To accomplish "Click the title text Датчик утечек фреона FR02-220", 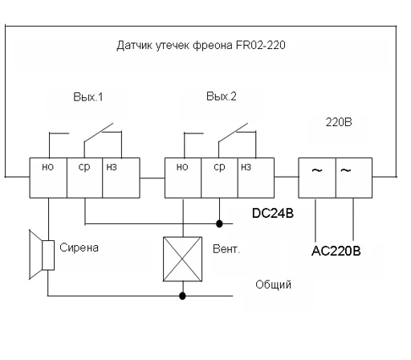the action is click(201, 45).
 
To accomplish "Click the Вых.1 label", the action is click(88, 97).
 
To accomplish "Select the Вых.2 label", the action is click(222, 96).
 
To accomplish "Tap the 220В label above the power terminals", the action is click(339, 122).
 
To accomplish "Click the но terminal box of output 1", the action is click(48, 178).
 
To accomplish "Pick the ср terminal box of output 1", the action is click(84, 178).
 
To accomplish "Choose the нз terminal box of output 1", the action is click(121, 178).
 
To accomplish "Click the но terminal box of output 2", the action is click(183, 178).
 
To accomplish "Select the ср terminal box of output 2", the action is click(219, 178).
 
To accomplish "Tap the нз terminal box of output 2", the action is click(256, 178).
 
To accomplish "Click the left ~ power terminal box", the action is click(317, 178).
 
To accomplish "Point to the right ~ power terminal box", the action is click(354, 178).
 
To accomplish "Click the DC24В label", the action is click(273, 213).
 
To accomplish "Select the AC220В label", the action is click(336, 251).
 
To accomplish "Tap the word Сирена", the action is click(79, 247).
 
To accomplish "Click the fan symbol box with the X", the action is click(182, 259).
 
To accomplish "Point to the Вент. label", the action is click(226, 249).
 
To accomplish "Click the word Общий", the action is click(273, 284).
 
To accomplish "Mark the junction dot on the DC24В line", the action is click(219, 223).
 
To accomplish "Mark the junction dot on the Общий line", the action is click(182, 296).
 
